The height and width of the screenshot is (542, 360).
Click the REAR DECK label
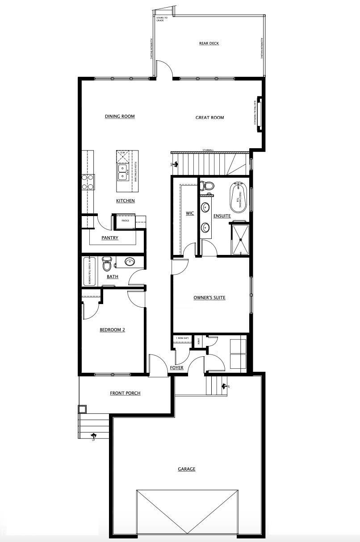click(209, 43)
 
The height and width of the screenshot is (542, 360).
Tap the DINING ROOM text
click(120, 117)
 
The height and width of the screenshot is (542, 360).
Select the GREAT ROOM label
click(209, 118)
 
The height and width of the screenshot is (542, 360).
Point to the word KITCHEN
click(126, 201)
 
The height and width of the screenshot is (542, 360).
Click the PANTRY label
click(110, 238)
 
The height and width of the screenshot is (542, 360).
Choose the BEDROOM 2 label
click(112, 330)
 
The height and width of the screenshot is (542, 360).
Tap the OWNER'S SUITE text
click(209, 298)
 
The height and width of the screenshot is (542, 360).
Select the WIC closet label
click(190, 213)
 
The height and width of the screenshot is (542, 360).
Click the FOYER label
click(176, 368)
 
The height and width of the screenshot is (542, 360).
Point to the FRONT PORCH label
click(125, 393)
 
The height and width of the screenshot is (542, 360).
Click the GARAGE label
click(187, 469)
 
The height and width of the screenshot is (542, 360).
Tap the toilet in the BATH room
click(107, 265)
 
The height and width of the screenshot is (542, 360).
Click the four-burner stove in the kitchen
click(88, 182)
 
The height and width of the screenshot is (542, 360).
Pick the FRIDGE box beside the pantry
click(126, 221)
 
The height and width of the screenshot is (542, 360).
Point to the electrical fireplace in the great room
click(258, 114)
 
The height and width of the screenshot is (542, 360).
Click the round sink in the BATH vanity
click(130, 262)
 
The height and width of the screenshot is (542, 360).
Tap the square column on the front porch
click(82, 409)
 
